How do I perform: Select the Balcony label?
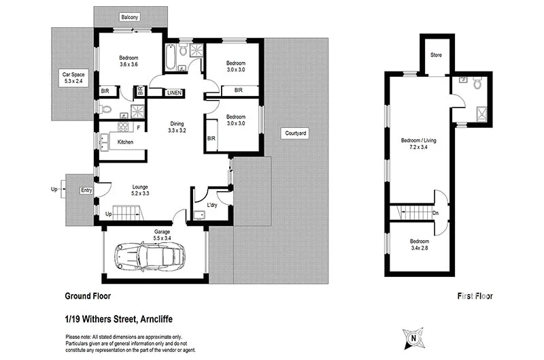click(131, 17)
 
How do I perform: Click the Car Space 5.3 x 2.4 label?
click(71, 77)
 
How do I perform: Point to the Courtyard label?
click(296, 133)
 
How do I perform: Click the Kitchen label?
click(125, 142)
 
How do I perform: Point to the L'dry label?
click(211, 204)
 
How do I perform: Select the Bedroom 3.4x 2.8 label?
click(419, 245)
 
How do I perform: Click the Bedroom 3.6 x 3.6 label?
click(129, 61)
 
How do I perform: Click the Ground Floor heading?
click(88, 296)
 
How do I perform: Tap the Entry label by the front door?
click(86, 190)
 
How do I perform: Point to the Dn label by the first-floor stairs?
click(436, 213)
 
